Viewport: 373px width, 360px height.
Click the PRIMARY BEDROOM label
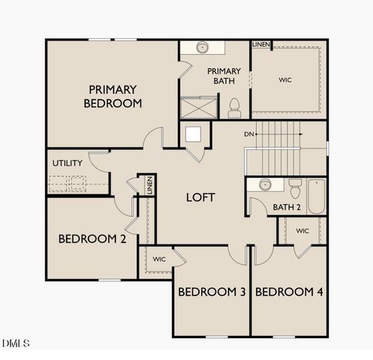click(x=113, y=96)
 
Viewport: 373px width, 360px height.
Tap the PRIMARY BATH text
click(x=224, y=77)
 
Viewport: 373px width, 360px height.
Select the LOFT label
click(x=201, y=198)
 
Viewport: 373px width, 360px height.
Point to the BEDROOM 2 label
click(x=92, y=239)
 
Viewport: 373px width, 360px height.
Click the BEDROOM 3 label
click(x=212, y=292)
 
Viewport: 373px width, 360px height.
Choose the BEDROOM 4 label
click(x=289, y=292)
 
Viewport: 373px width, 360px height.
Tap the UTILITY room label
click(x=67, y=163)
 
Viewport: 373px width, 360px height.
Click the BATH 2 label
click(x=287, y=207)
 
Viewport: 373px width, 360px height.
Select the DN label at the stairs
click(x=249, y=134)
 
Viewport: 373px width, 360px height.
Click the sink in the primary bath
click(x=202, y=48)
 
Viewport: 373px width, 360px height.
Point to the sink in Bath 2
click(x=265, y=184)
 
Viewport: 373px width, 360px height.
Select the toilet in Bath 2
click(x=295, y=184)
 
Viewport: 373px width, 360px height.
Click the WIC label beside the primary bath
click(x=285, y=79)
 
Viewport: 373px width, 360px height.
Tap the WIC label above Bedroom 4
click(x=302, y=231)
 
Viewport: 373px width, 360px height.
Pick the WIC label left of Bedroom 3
click(x=159, y=259)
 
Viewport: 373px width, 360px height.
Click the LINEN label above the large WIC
click(x=261, y=44)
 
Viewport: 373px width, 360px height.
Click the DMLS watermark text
click(x=16, y=343)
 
